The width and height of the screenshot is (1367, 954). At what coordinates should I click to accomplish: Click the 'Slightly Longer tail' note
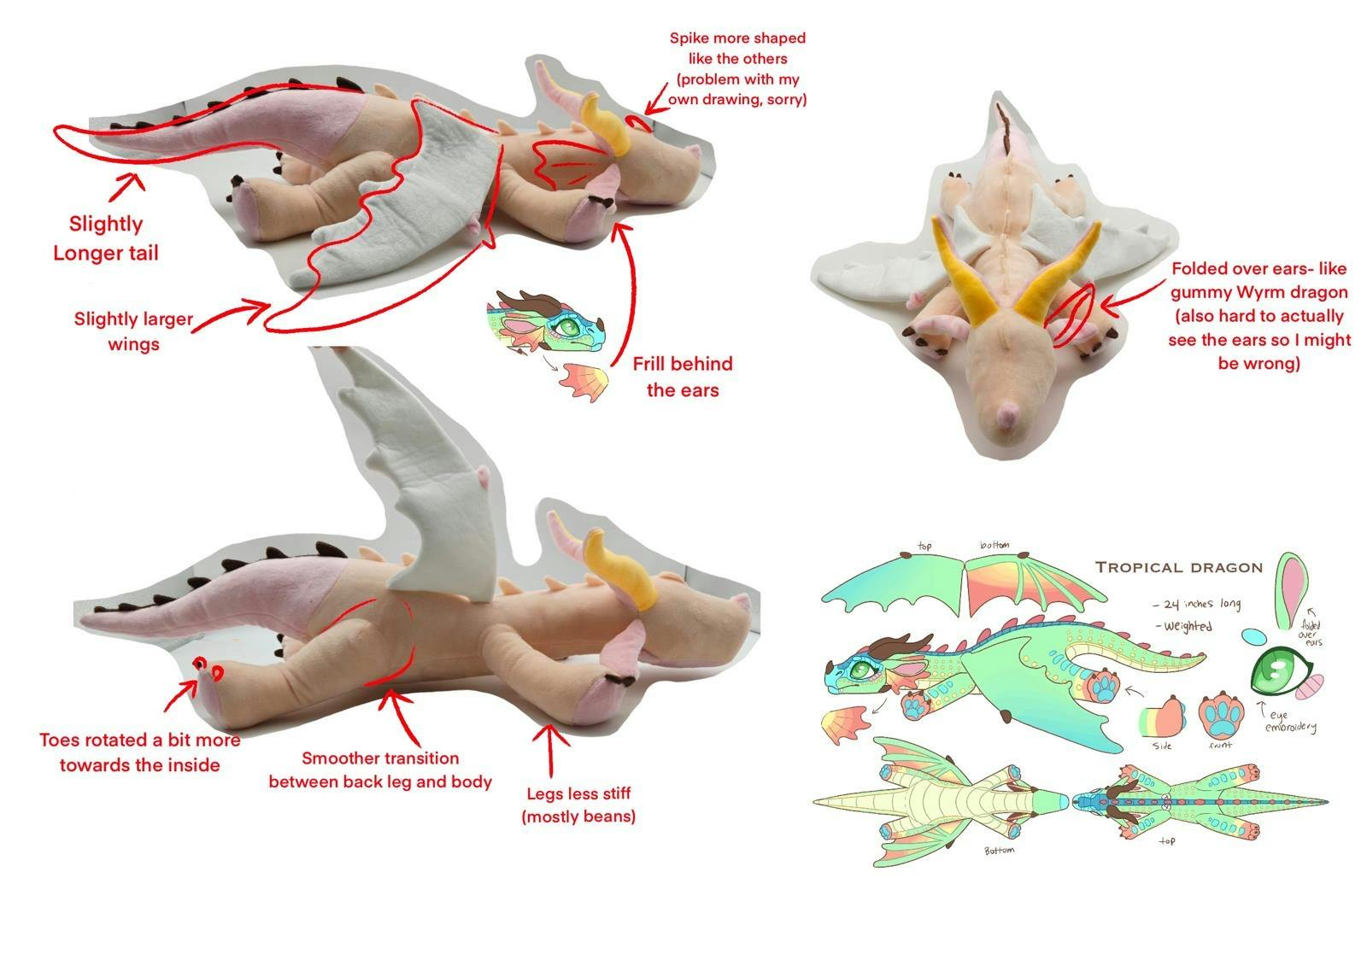pyautogui.click(x=106, y=238)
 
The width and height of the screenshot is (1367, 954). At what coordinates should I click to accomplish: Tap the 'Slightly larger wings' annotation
pyautogui.click(x=133, y=331)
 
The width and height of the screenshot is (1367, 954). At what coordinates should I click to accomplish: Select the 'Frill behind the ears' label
pyautogui.click(x=683, y=377)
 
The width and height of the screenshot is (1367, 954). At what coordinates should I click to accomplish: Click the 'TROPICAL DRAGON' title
pyautogui.click(x=1179, y=567)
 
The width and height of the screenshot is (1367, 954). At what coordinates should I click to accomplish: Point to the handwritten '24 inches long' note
pyautogui.click(x=1197, y=604)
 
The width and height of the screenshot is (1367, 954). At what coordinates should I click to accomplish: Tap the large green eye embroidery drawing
pyautogui.click(x=1278, y=672)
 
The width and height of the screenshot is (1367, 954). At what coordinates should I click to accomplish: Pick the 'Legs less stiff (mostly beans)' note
pyautogui.click(x=578, y=805)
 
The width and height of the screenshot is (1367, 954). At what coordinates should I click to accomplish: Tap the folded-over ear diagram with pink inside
pyautogui.click(x=1291, y=590)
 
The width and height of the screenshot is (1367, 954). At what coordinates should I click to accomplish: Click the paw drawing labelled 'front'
pyautogui.click(x=1222, y=715)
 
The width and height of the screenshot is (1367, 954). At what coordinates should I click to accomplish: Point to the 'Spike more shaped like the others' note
pyautogui.click(x=737, y=68)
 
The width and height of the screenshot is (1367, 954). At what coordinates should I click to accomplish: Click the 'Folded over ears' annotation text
pyautogui.click(x=1259, y=316)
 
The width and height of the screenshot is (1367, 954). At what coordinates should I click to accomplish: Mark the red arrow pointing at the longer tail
pyautogui.click(x=126, y=187)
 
